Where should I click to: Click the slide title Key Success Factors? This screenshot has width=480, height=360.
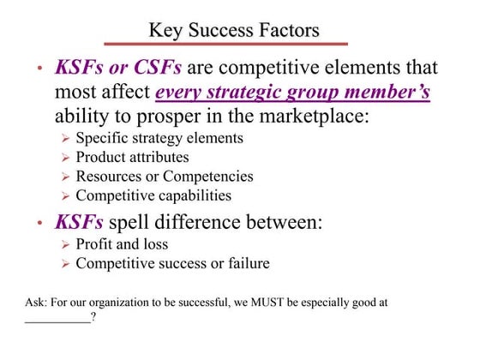[234, 31]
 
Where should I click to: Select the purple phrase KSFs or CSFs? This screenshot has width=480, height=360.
[117, 67]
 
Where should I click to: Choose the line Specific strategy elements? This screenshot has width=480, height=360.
[159, 138]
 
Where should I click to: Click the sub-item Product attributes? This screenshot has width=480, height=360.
[132, 157]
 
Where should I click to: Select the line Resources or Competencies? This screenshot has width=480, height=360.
[165, 177]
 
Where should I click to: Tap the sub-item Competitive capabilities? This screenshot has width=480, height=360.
[153, 195]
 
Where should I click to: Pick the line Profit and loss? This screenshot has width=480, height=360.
[122, 244]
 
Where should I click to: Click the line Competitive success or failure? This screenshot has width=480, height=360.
[172, 263]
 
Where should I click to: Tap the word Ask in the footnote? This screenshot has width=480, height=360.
[37, 303]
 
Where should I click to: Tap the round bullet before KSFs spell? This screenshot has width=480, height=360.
[39, 225]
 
